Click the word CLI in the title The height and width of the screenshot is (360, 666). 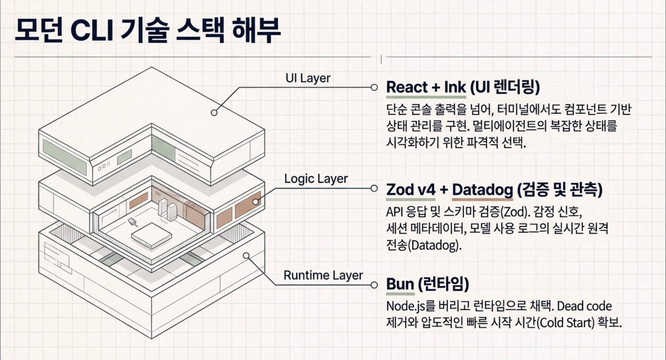pyautogui.click(x=91, y=31)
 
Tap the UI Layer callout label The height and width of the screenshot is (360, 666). pyautogui.click(x=308, y=78)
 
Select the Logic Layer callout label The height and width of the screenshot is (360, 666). pyautogui.click(x=316, y=179)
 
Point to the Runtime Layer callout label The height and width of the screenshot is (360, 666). pyautogui.click(x=323, y=275)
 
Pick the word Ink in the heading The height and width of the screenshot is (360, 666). pyautogui.click(x=455, y=87)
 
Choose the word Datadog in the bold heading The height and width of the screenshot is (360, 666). pyautogui.click(x=482, y=190)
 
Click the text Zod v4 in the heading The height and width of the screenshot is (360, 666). pyautogui.click(x=411, y=190)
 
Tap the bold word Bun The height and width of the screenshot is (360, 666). pyautogui.click(x=400, y=284)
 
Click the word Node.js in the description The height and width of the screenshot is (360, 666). pyautogui.click(x=406, y=306)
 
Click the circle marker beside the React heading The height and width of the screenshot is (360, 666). pyautogui.click(x=374, y=87)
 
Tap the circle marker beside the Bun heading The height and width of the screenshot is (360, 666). pyautogui.click(x=374, y=285)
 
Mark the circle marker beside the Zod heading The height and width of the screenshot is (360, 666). pyautogui.click(x=374, y=188)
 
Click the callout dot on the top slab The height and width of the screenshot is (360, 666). pyautogui.click(x=214, y=113)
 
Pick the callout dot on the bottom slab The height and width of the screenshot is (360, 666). pyautogui.click(x=246, y=256)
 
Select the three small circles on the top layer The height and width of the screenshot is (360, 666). pyautogui.click(x=104, y=166)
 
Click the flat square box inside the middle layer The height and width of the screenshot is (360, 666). pyautogui.click(x=151, y=235)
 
